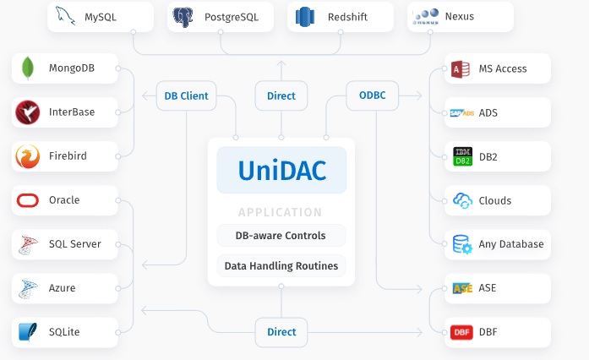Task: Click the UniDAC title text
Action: (x=281, y=171)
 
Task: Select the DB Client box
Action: (x=186, y=95)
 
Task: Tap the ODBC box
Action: (x=372, y=95)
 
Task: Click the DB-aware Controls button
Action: (x=281, y=236)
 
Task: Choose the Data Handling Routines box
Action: (x=281, y=266)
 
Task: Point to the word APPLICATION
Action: (x=281, y=213)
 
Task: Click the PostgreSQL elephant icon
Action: (x=183, y=17)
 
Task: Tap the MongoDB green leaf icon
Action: (x=28, y=68)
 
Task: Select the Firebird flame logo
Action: (x=28, y=156)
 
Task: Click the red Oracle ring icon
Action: (x=28, y=200)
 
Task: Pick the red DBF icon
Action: (x=461, y=332)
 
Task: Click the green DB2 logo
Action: (x=462, y=156)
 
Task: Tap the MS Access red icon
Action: (x=461, y=68)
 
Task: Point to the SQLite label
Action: (x=64, y=332)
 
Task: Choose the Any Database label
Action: (x=511, y=244)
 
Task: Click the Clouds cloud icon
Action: (x=462, y=200)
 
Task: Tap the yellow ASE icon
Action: (x=462, y=288)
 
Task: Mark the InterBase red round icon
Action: (x=28, y=112)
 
